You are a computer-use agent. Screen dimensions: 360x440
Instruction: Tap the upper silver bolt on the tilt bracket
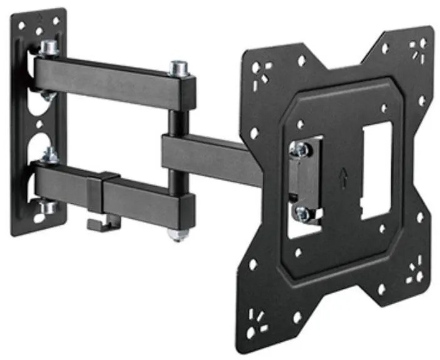[x=301, y=149]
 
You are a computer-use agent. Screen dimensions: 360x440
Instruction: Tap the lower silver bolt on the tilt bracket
[x=302, y=213]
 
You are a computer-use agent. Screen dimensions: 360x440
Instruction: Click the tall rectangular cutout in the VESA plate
[x=375, y=169]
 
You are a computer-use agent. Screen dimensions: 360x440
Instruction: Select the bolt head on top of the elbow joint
[x=180, y=67]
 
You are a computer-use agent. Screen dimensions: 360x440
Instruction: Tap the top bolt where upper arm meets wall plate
[x=48, y=47]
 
